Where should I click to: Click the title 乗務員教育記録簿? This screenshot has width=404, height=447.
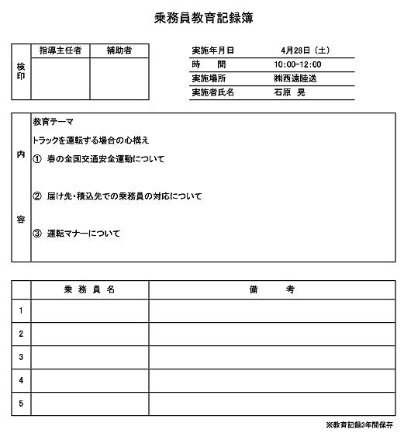point(204,17)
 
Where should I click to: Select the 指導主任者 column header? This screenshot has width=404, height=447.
point(60,51)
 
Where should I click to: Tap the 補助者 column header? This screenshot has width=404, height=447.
point(119,51)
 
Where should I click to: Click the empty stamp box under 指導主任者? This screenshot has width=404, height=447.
point(60,78)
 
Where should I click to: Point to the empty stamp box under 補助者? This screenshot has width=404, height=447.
point(119,78)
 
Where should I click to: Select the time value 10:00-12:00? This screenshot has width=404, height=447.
point(298,64)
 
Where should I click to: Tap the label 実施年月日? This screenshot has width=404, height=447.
point(212,51)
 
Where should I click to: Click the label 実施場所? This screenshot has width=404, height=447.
point(209,78)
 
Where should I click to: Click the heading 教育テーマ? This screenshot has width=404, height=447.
point(53,122)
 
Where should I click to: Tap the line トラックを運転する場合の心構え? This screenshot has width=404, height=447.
point(92,140)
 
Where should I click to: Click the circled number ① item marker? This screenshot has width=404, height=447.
point(37,159)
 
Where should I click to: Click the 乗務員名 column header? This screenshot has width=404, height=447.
point(90,289)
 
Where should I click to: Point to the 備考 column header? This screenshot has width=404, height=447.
point(272,289)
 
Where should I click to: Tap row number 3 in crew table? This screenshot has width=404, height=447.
point(21,357)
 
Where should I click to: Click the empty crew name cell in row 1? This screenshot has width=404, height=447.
point(90,310)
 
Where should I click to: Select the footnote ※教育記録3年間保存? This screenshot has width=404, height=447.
point(360,425)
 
